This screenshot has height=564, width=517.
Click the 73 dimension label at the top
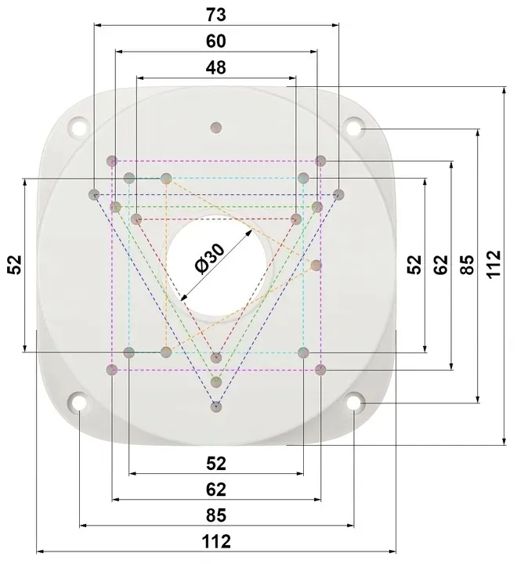(216, 15)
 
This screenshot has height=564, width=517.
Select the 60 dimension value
(216, 42)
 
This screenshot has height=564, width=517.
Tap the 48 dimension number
(216, 67)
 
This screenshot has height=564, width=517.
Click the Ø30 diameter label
(209, 258)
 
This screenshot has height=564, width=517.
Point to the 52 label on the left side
(15, 265)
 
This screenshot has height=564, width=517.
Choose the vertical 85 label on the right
(468, 265)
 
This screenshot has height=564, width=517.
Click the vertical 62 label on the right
(441, 265)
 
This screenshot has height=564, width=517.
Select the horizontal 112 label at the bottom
(216, 542)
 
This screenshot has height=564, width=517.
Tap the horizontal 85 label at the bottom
(216, 515)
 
